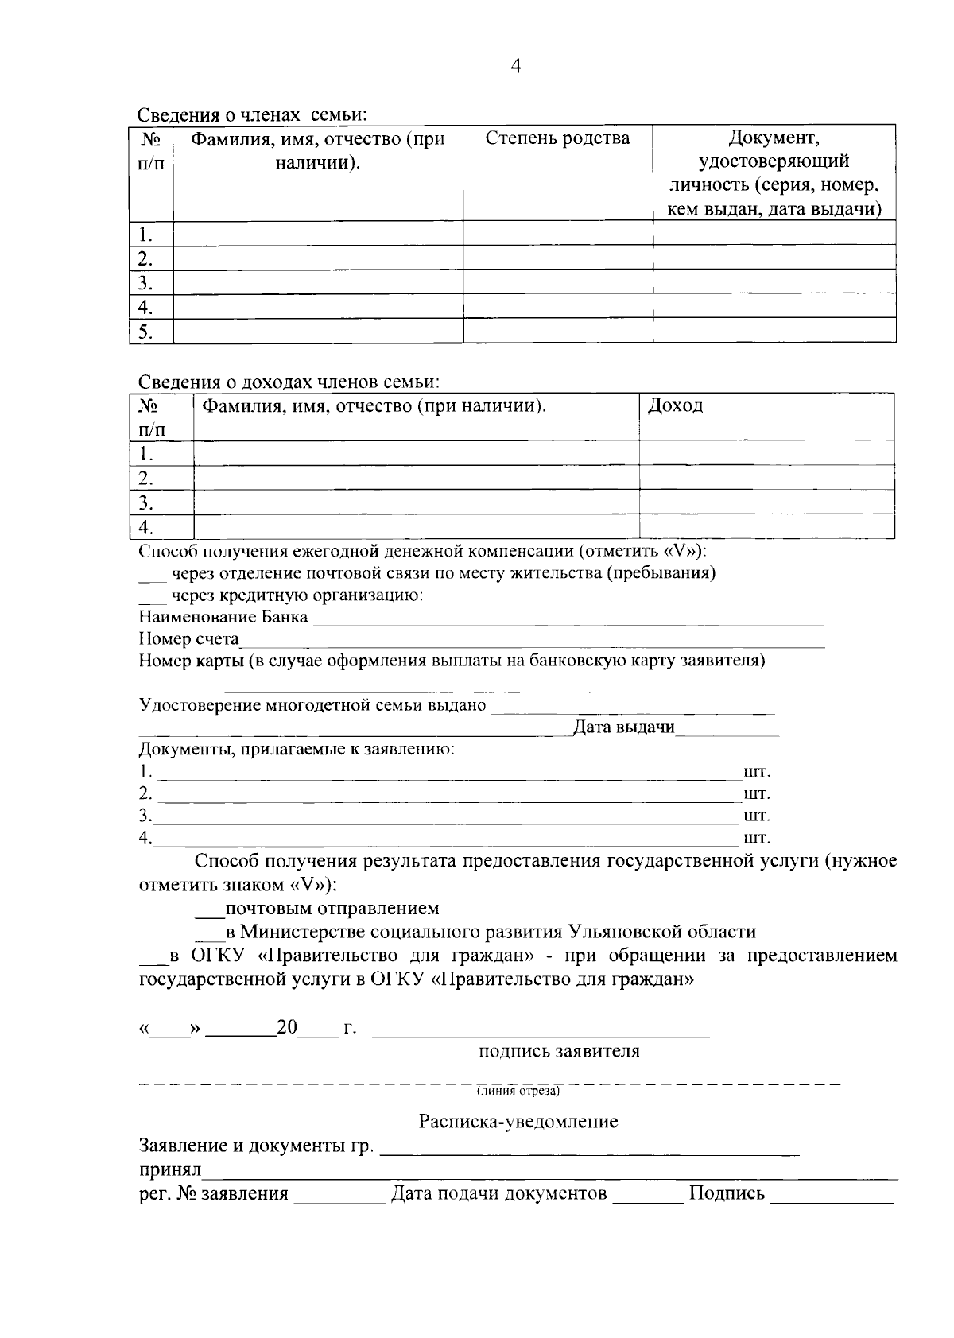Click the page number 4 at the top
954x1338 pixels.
[x=515, y=67]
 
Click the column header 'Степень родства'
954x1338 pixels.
[x=557, y=138]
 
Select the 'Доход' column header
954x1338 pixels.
[x=675, y=405]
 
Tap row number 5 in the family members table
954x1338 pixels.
[x=145, y=332]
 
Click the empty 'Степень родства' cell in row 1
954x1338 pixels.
[x=557, y=234]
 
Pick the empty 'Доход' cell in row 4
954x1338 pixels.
[x=766, y=526]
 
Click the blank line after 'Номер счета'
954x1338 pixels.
[x=533, y=642]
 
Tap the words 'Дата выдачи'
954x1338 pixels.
[x=624, y=727]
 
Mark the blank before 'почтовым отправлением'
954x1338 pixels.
[x=210, y=909]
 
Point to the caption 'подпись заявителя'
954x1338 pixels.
[x=559, y=1052]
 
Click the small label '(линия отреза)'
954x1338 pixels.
[x=518, y=1092]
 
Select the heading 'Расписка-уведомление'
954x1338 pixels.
[x=518, y=1122]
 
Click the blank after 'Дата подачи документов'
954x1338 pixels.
[x=648, y=1194]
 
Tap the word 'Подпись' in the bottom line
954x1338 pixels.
[x=727, y=1193]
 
